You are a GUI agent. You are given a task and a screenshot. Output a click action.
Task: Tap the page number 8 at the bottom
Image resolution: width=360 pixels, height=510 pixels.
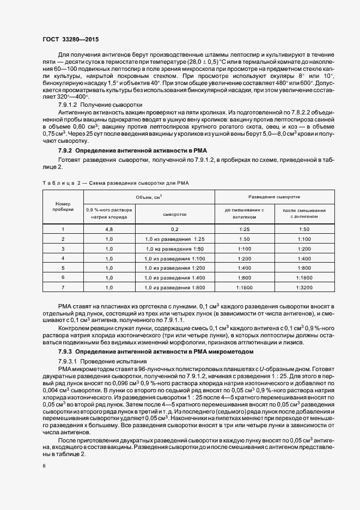click(x=44, y=466)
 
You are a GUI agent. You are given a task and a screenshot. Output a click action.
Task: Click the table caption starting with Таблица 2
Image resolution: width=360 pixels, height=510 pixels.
click(x=115, y=183)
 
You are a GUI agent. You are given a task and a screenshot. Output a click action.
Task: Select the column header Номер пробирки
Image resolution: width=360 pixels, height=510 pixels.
click(x=63, y=206)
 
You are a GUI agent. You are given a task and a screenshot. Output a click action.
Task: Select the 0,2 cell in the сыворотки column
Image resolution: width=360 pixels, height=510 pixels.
click(x=175, y=229)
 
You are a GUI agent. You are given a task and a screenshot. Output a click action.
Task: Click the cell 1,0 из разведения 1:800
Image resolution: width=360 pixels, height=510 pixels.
click(x=175, y=287)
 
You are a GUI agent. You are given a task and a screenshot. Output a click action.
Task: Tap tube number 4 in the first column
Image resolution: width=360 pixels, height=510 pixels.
click(x=63, y=258)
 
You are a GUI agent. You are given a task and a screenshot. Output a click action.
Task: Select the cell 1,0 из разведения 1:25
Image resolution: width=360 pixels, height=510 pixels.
click(x=175, y=239)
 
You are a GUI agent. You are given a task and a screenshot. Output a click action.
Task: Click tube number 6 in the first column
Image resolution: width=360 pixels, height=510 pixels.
click(x=63, y=277)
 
